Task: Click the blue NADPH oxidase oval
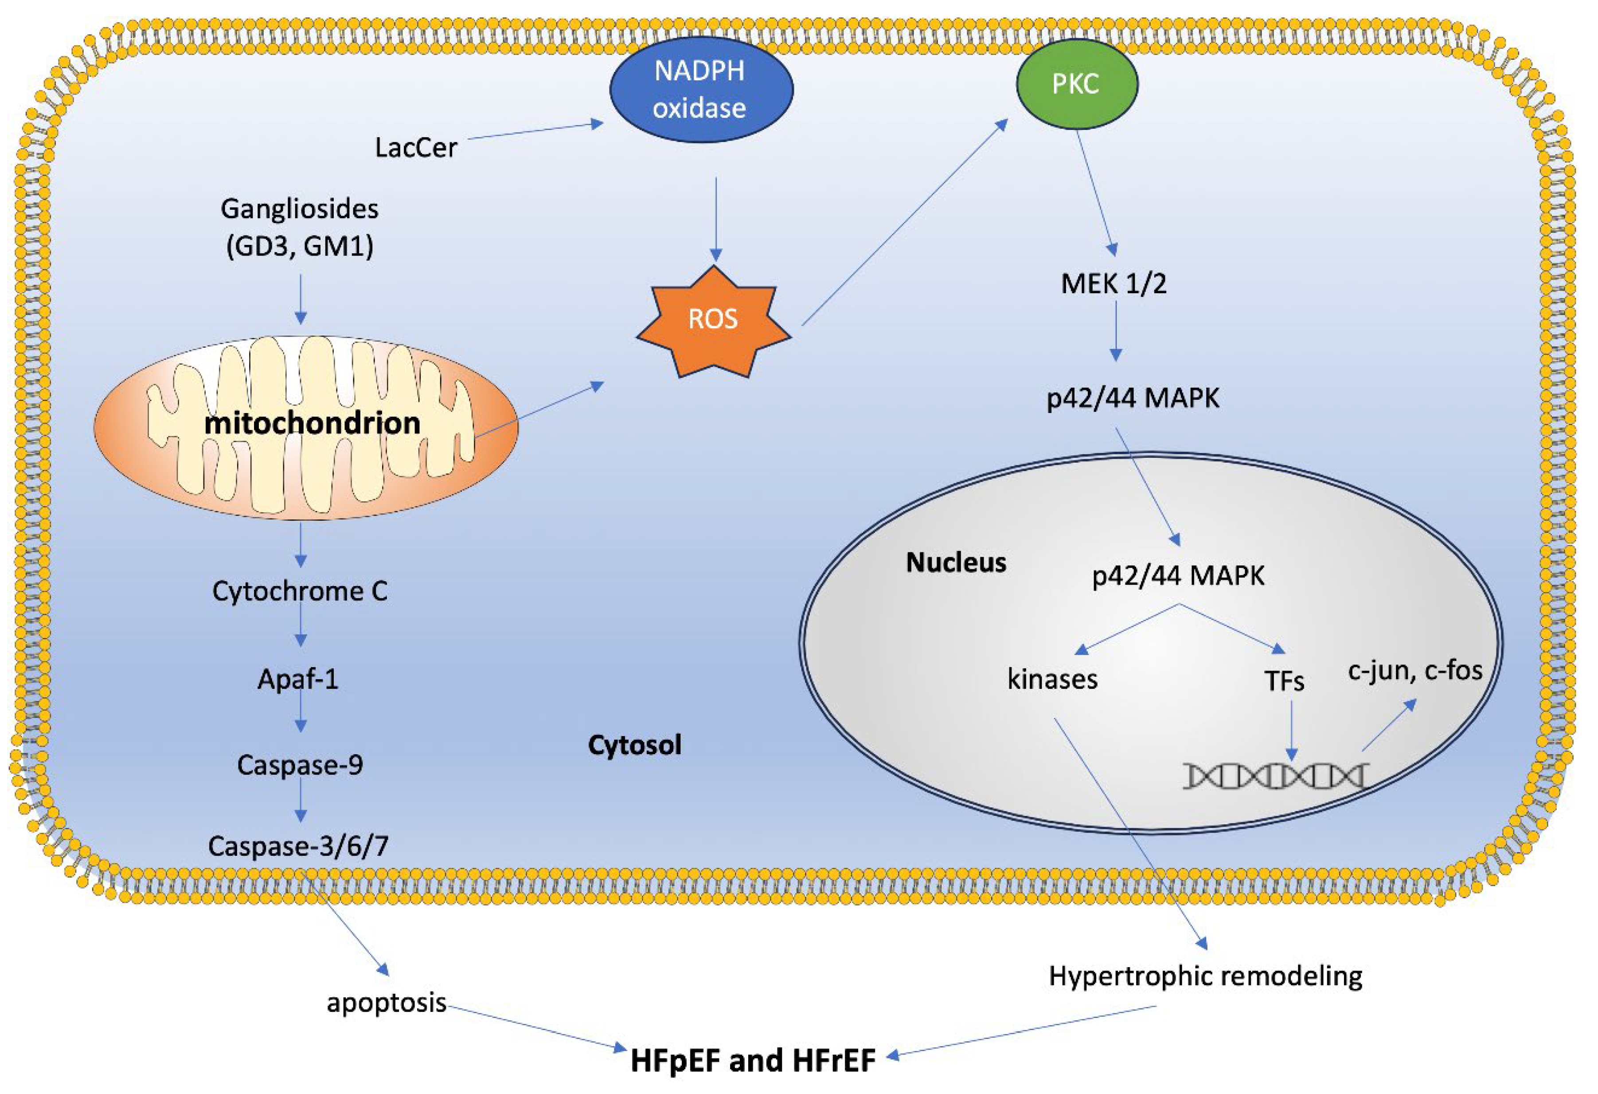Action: (x=701, y=90)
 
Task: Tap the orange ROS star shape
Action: (x=713, y=320)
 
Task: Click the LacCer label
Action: (x=415, y=148)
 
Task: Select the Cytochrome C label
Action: (x=300, y=591)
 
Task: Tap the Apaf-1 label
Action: (x=298, y=679)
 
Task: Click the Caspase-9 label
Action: (x=300, y=764)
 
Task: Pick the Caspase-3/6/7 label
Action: (x=298, y=846)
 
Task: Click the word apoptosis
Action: (x=387, y=1003)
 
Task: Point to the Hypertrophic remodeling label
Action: (x=1205, y=976)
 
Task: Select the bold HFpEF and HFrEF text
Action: (x=753, y=1060)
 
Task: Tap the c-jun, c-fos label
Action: (x=1414, y=669)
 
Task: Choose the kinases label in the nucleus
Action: (x=1052, y=680)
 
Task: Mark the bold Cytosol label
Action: (x=634, y=745)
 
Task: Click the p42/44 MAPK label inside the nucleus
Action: (x=1178, y=575)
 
